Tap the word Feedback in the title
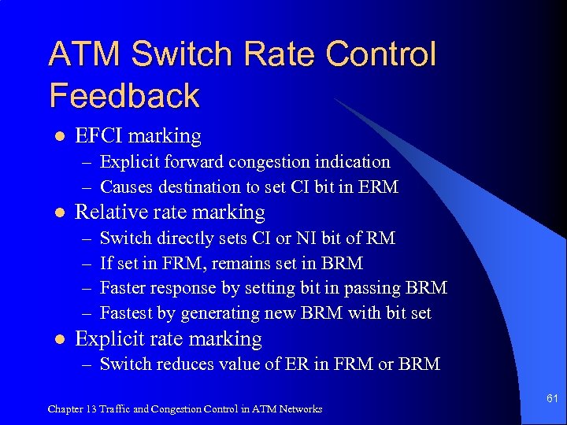click(124, 95)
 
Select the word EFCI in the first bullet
click(98, 136)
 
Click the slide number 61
click(552, 399)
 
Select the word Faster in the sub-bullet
click(124, 288)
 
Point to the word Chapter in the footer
click(63, 409)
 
